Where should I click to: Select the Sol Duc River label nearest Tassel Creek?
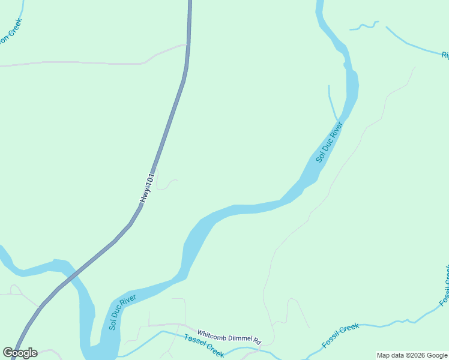click(122, 312)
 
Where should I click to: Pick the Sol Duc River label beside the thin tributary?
click(328, 142)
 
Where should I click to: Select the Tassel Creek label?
click(204, 346)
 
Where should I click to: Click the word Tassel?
click(194, 341)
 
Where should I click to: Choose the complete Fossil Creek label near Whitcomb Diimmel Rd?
click(340, 335)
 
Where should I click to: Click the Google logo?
click(20, 352)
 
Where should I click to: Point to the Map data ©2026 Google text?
click(412, 355)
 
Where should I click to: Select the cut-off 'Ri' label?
click(445, 55)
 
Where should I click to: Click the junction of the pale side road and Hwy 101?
click(187, 45)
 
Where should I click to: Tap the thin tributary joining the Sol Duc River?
click(331, 102)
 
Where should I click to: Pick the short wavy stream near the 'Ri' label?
click(364, 26)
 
